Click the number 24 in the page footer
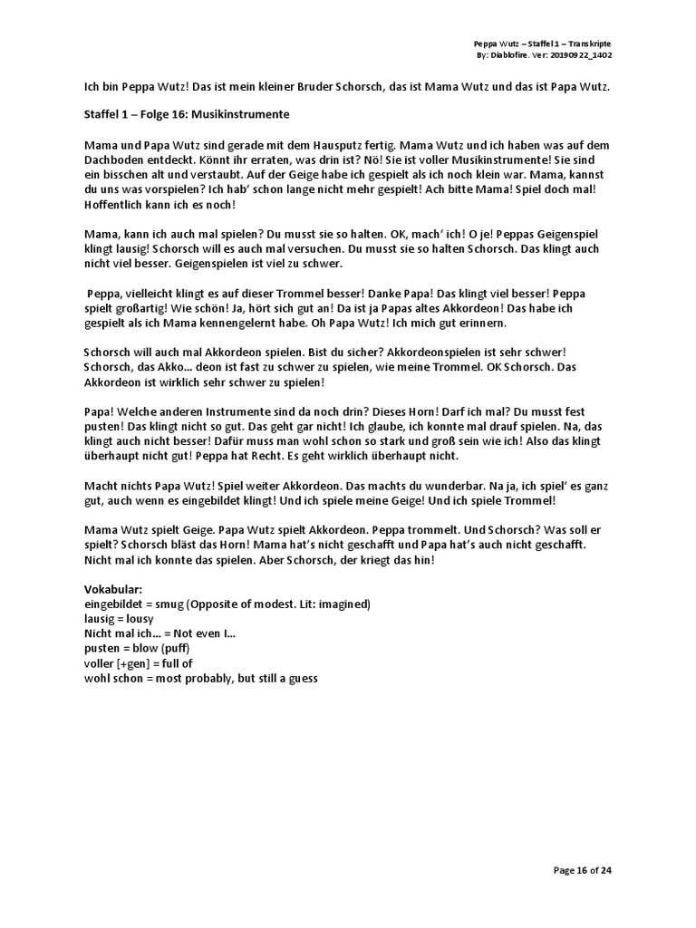click(x=606, y=871)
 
